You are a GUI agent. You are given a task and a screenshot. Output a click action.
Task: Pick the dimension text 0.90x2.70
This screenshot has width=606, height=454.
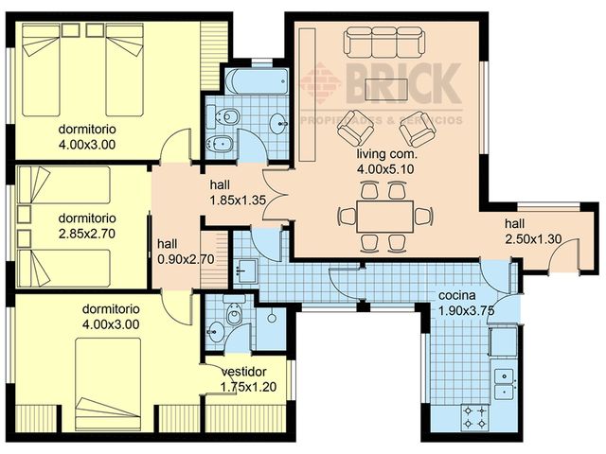pos(177,257)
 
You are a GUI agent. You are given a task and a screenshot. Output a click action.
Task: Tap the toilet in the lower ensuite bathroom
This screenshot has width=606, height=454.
pos(233,313)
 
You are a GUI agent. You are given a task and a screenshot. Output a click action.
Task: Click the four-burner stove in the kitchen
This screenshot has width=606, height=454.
pos(473,413)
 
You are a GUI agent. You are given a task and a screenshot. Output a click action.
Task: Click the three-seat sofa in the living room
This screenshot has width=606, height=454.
pos(384,43)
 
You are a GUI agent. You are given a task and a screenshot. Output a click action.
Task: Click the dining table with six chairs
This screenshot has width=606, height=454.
pos(383,217)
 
